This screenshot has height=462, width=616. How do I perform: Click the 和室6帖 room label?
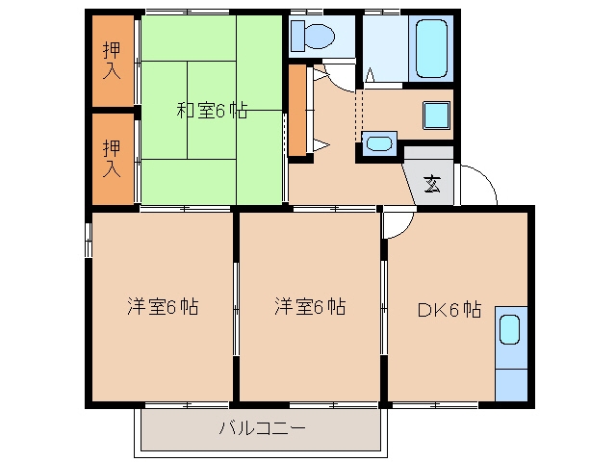(x=212, y=111)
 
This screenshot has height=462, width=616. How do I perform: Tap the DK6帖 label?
(x=449, y=310)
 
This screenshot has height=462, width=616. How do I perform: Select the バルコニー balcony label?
(x=262, y=427)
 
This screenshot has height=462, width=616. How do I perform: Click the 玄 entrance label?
(x=432, y=184)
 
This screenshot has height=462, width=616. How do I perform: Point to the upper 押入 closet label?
(x=112, y=61)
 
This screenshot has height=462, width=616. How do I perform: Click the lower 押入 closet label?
(x=112, y=158)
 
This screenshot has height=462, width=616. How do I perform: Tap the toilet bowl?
(x=320, y=37)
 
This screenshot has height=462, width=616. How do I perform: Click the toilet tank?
(x=297, y=37)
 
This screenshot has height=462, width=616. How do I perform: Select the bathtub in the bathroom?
(x=431, y=49)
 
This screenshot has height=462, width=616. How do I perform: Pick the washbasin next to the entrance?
(x=379, y=143)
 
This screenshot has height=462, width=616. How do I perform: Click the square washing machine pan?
(x=436, y=115)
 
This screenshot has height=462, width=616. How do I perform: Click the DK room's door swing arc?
(x=406, y=230)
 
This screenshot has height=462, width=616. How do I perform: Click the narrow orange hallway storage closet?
(x=297, y=110)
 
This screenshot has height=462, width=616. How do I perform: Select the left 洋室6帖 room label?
(x=163, y=306)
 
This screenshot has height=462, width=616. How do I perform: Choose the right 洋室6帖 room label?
(x=310, y=306)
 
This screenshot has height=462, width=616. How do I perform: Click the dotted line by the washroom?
(x=359, y=115)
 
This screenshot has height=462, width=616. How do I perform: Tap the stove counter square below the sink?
(x=511, y=385)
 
